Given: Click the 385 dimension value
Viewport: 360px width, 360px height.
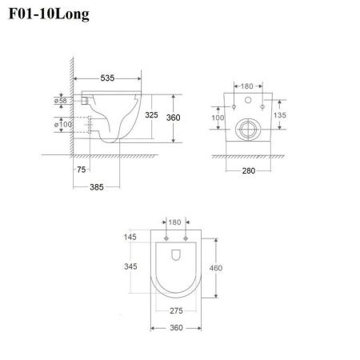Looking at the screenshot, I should pyautogui.click(x=98, y=187).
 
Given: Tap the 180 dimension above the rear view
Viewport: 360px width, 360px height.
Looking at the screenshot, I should pyautogui.click(x=247, y=85).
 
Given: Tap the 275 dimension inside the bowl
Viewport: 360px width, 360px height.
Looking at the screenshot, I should pyautogui.click(x=176, y=310).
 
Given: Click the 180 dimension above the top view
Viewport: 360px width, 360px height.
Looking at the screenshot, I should pyautogui.click(x=175, y=223).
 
